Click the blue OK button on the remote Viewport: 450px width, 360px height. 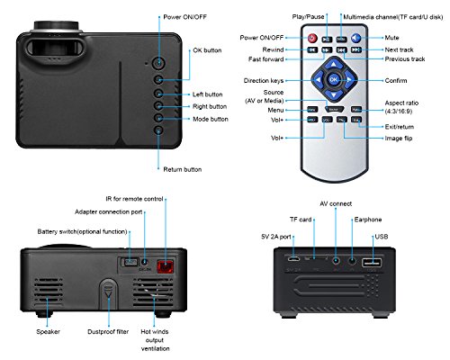coord(333,79)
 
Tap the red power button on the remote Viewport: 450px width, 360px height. coord(313,39)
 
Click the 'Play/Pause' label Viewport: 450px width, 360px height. coord(308,17)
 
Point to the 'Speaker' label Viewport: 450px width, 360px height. coord(51,330)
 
